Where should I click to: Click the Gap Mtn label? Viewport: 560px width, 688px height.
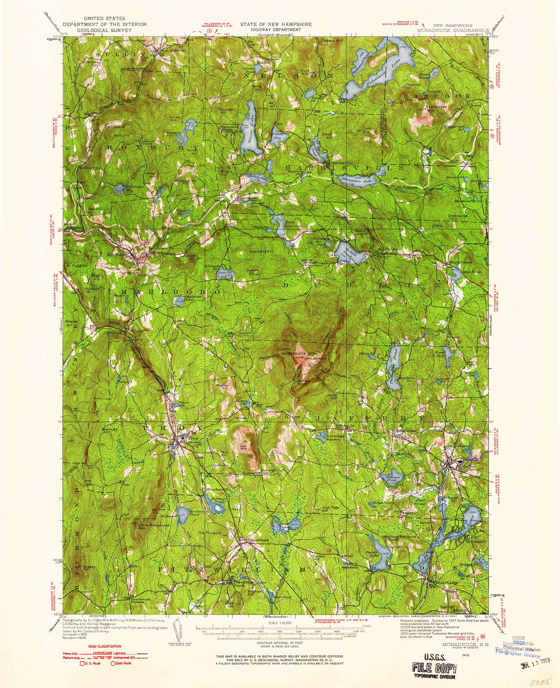point(244,448)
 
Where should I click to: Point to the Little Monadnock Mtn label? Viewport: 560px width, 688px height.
point(150,527)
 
